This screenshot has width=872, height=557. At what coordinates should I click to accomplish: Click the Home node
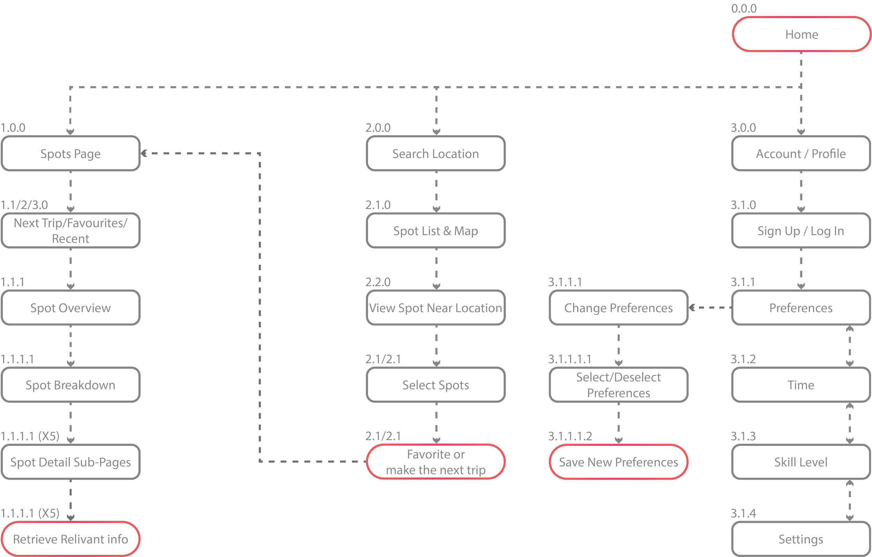point(801,34)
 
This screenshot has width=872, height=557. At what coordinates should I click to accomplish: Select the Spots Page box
point(70,153)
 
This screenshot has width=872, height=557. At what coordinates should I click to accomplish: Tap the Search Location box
point(436,153)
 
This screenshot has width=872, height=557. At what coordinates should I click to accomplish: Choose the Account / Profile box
point(801,153)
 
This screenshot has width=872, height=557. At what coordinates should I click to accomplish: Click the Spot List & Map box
point(436,230)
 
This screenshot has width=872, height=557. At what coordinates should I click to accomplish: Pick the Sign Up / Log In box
point(801,230)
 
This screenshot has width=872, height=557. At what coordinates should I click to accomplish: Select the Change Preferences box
point(618,308)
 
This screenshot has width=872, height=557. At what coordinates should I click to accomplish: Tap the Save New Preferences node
point(618,462)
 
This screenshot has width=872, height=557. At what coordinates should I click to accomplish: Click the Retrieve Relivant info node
point(70,539)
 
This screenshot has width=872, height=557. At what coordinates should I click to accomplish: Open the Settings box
point(801,539)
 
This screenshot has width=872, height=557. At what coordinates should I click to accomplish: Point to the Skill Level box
point(801,462)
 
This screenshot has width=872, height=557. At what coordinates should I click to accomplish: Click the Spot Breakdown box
point(70,385)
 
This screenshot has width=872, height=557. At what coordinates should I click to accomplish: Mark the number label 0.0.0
point(744,9)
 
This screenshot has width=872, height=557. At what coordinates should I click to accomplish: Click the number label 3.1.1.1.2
point(570,436)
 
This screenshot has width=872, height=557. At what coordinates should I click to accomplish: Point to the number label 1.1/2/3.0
point(25,205)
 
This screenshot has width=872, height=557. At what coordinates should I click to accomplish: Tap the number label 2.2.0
point(378,282)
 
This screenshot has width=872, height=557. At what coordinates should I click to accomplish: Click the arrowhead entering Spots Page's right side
point(144,154)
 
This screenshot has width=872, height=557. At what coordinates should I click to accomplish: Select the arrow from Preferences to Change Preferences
point(710,308)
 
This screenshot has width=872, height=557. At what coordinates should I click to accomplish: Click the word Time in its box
point(801,385)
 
